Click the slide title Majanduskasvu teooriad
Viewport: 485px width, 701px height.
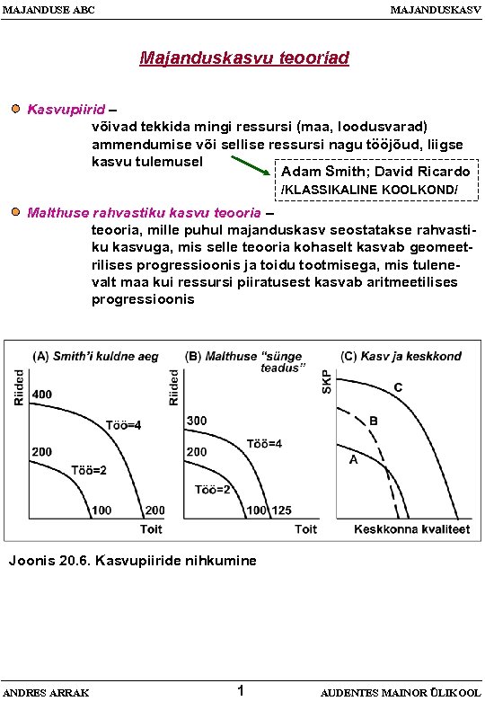click(243, 58)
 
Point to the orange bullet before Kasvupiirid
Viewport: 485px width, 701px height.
click(16, 109)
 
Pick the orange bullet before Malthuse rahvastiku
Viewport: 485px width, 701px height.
click(16, 213)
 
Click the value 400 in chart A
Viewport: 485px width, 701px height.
click(41, 395)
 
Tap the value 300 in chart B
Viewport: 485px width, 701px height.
click(197, 421)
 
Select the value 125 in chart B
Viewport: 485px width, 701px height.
click(282, 510)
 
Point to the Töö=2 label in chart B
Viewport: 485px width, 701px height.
click(213, 489)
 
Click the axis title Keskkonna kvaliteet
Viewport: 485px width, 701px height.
click(411, 529)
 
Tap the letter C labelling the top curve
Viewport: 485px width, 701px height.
click(397, 386)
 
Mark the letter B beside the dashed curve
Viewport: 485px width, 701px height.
click(374, 421)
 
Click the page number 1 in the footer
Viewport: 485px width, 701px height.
click(240, 690)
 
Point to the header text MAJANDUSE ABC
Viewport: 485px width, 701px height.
click(48, 10)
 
